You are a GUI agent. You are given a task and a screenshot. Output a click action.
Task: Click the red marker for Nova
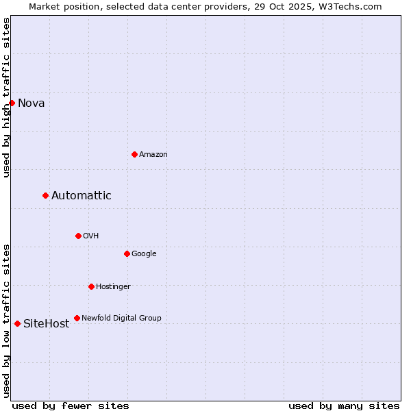click(x=12, y=103)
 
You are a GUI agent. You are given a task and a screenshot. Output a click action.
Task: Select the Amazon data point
click(x=134, y=154)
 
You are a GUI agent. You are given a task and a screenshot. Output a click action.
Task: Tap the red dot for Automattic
click(x=45, y=195)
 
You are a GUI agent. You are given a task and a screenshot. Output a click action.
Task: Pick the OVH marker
click(x=78, y=236)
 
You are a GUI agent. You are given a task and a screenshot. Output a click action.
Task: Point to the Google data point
click(x=127, y=253)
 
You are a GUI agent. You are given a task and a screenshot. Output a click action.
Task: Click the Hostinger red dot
click(x=91, y=286)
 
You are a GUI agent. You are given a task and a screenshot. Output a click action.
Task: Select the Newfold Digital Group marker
click(x=77, y=318)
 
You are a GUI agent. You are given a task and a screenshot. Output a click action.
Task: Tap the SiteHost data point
click(x=17, y=323)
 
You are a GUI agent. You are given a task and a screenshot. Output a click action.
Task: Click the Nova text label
click(x=32, y=103)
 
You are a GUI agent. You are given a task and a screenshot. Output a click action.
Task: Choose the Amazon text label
click(x=153, y=155)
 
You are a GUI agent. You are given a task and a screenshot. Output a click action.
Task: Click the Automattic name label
click(x=82, y=196)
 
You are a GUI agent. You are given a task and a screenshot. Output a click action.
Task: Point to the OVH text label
click(x=91, y=236)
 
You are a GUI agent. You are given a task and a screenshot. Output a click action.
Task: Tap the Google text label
click(x=144, y=254)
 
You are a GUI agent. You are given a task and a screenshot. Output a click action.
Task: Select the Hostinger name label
click(x=113, y=287)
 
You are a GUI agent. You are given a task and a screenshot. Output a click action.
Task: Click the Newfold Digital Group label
click(x=122, y=319)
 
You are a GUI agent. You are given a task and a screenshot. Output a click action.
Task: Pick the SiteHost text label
click(x=47, y=324)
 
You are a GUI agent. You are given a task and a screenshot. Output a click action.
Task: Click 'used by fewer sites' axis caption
click(x=71, y=406)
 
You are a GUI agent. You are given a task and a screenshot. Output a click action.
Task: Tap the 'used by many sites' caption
click(x=344, y=406)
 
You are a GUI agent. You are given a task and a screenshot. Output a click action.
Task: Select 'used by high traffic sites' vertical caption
click(x=7, y=97)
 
